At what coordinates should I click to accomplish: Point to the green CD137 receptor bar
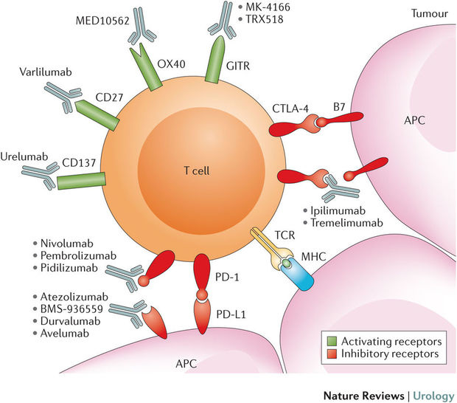tap(84, 176)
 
